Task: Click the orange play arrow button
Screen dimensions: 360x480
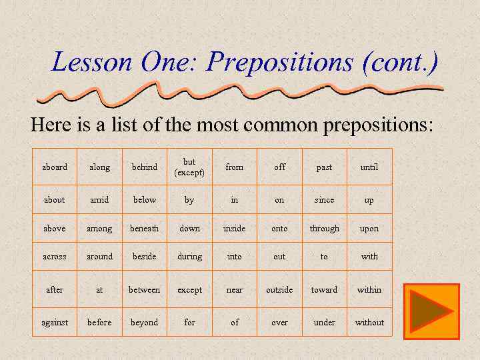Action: (431, 308)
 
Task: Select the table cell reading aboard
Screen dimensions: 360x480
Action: (55, 167)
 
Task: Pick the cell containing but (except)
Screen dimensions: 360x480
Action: (189, 167)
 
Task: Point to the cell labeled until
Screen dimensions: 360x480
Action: (369, 167)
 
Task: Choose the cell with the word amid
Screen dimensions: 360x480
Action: (99, 199)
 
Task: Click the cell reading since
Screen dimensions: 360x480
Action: (324, 199)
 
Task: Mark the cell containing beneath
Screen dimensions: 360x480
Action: (144, 228)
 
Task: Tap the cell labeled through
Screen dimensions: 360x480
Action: (324, 228)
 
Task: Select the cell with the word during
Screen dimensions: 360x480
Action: (189, 256)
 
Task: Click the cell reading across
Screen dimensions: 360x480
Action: (55, 256)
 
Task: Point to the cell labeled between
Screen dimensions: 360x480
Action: (144, 289)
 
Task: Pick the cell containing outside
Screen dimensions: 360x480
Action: (279, 289)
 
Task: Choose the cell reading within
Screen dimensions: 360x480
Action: (369, 289)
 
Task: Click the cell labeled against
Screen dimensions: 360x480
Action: (55, 322)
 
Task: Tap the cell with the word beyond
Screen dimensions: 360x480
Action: (144, 322)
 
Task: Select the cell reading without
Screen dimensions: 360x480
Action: (369, 322)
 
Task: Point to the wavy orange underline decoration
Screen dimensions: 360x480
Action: (240, 93)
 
